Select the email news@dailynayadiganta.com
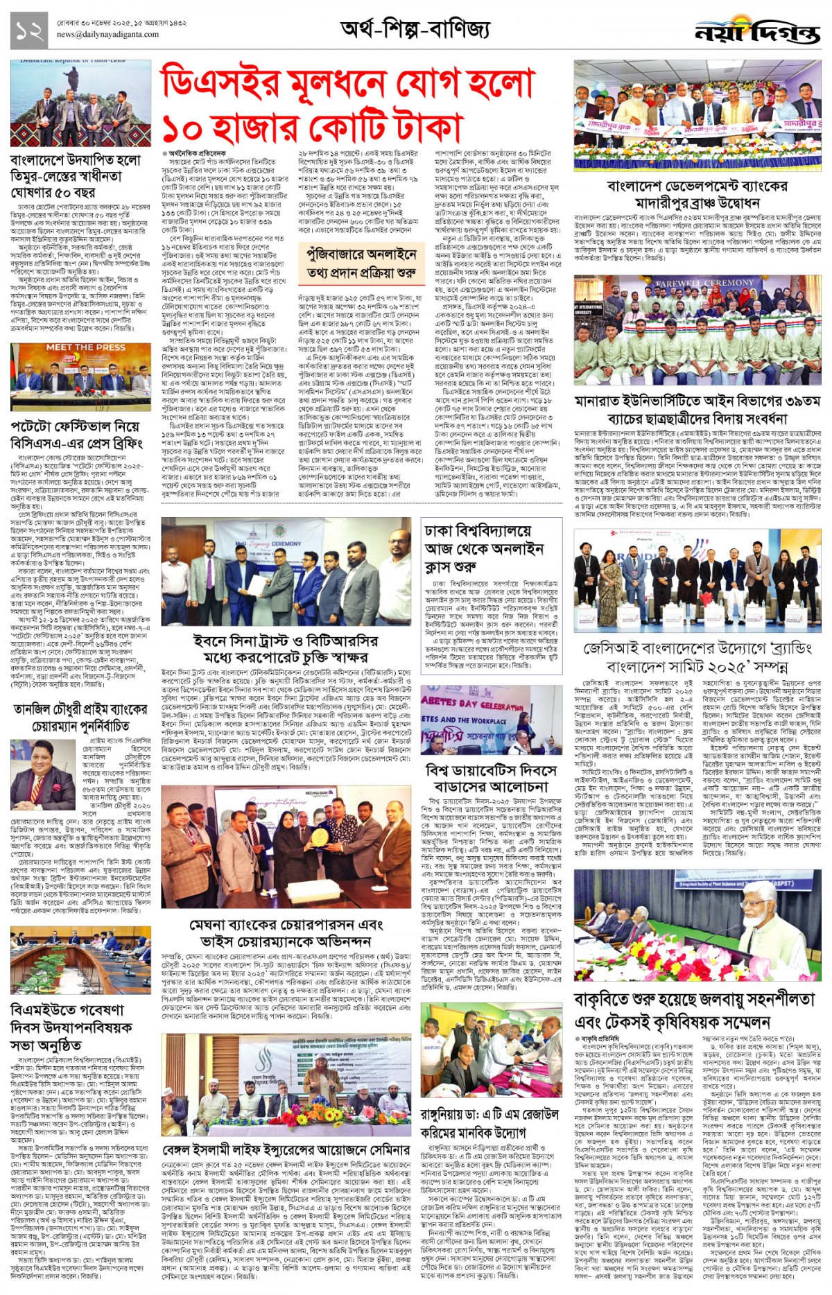click(x=107, y=34)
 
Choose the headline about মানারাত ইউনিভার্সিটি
click(x=697, y=410)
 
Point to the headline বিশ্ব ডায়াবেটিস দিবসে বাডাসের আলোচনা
click(x=491, y=778)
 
